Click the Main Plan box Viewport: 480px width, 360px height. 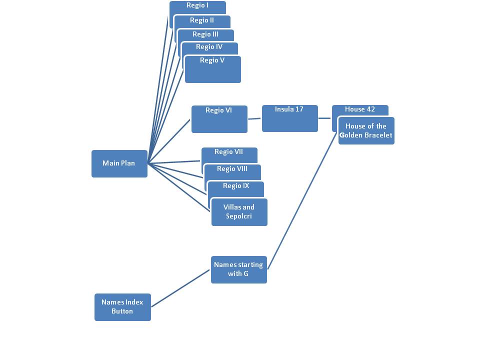[x=119, y=163]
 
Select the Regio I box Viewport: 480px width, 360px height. [x=197, y=6]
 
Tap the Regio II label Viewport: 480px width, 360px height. [x=202, y=20]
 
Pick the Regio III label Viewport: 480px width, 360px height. [x=205, y=34]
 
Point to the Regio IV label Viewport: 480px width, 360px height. [x=209, y=47]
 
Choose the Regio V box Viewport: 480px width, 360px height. [x=212, y=70]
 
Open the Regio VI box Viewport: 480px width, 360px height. [x=219, y=119]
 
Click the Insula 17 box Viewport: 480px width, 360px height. [x=289, y=118]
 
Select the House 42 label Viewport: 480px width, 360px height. [x=360, y=109]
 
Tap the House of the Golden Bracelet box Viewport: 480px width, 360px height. [x=366, y=131]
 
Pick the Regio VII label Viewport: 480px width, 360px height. [x=228, y=152]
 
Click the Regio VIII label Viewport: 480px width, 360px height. [x=232, y=169]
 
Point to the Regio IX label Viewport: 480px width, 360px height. [x=236, y=186]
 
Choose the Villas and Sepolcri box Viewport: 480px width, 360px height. [x=239, y=212]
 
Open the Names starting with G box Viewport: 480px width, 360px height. [x=238, y=269]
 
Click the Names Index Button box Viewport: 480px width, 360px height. [x=122, y=307]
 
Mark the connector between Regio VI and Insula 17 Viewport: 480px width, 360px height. [x=254, y=119]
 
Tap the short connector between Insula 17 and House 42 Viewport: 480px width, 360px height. [x=325, y=118]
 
